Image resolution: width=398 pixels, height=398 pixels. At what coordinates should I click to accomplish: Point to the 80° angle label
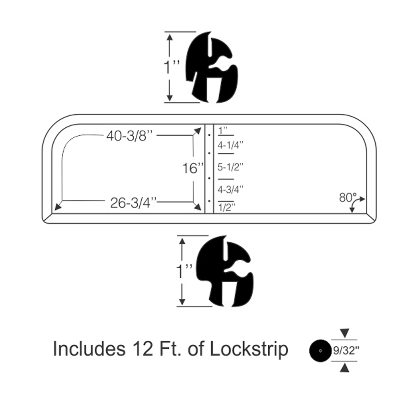point(347,196)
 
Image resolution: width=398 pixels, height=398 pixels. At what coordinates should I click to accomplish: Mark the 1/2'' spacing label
point(226,207)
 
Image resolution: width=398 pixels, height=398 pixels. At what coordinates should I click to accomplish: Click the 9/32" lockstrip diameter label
point(345,351)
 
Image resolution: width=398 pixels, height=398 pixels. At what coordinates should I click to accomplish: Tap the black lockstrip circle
point(320,351)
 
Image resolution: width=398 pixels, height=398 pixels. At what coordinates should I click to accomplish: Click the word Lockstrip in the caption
point(248,349)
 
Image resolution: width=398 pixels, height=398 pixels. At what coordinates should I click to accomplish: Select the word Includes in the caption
point(87,349)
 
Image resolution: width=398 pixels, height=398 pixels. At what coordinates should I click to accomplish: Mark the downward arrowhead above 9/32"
point(345,332)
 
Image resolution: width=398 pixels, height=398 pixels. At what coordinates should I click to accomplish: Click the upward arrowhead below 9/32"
point(345,369)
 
